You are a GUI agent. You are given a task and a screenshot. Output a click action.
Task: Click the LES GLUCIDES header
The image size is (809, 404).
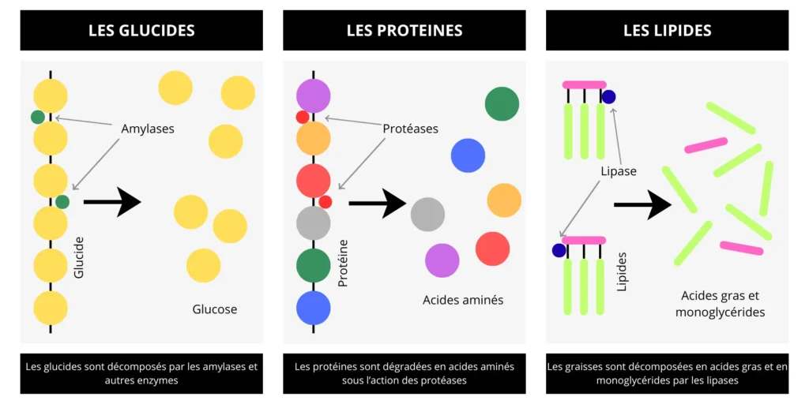[x=141, y=31]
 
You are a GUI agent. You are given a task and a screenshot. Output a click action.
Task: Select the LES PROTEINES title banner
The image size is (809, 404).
[x=404, y=31]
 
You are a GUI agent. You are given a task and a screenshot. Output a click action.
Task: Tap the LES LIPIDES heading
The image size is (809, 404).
[x=667, y=31]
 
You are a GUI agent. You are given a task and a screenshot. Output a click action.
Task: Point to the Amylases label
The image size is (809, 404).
[x=148, y=128]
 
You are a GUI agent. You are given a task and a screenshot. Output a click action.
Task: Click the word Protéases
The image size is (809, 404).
[x=410, y=128]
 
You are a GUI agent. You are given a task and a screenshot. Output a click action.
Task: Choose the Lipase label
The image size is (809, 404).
[x=618, y=170]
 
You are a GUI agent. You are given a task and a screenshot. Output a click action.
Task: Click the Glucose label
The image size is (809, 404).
[x=215, y=309]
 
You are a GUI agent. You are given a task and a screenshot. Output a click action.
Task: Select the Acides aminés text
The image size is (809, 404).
[x=463, y=300]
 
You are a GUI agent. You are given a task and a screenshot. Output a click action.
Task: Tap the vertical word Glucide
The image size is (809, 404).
[x=79, y=256]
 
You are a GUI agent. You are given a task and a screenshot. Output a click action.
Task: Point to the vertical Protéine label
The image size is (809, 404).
[x=343, y=263]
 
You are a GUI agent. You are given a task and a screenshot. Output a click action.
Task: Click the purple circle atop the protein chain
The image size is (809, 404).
[x=313, y=96]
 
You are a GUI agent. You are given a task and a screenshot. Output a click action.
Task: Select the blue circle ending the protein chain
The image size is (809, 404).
[x=313, y=308]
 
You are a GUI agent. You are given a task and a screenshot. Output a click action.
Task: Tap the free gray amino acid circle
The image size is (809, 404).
[x=427, y=214]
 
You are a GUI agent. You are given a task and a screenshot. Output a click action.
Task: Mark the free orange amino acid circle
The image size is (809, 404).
[x=504, y=200]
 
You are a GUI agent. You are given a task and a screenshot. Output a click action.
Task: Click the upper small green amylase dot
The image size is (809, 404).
[x=37, y=118]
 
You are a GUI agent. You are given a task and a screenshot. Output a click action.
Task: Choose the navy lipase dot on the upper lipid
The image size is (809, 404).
[x=608, y=96]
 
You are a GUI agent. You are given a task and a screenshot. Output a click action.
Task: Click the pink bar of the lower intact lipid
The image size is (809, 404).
[x=584, y=240]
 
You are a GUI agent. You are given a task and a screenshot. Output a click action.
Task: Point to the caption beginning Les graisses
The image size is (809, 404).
[x=667, y=373]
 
